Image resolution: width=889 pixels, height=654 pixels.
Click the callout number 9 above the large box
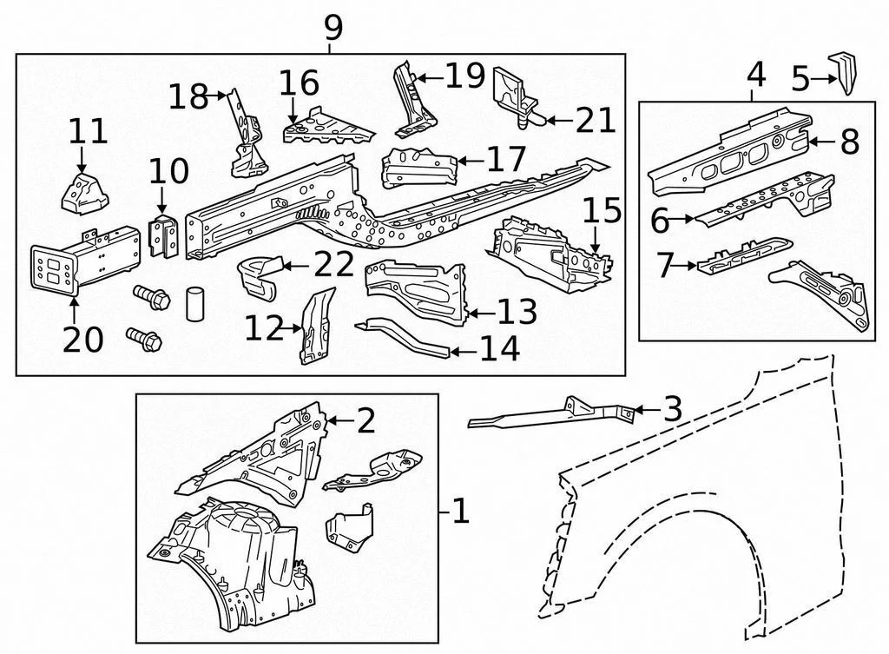333,28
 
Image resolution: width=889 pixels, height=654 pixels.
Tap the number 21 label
596,120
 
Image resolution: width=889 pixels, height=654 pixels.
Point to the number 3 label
673,409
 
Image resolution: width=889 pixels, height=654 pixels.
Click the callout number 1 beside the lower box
460,511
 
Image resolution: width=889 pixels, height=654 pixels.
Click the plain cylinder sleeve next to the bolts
194,304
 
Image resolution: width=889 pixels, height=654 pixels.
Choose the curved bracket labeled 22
260,275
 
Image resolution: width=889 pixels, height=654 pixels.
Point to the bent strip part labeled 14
403,337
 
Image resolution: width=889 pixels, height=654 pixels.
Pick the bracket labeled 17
420,168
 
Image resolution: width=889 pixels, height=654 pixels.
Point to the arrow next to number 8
822,141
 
